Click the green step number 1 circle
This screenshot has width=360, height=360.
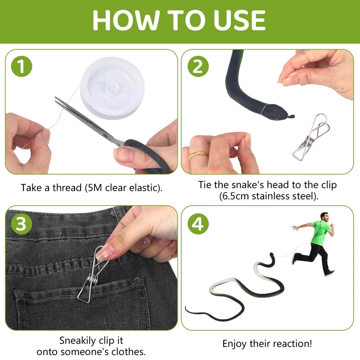[21, 66]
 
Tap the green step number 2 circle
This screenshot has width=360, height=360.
[198, 66]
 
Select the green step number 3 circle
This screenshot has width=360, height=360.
[21, 224]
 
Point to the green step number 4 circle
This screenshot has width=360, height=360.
[198, 224]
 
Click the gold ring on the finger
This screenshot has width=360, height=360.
[198, 155]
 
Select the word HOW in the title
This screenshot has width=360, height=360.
[126, 20]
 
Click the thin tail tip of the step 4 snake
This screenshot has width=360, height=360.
[186, 306]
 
